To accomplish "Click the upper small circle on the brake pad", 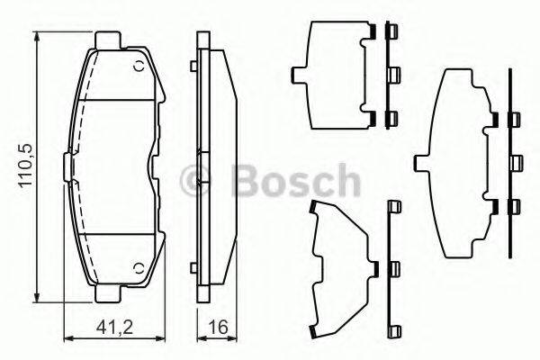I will [x=137, y=67].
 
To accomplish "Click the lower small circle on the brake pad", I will [x=137, y=268].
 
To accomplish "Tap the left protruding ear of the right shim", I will [x=418, y=163].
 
